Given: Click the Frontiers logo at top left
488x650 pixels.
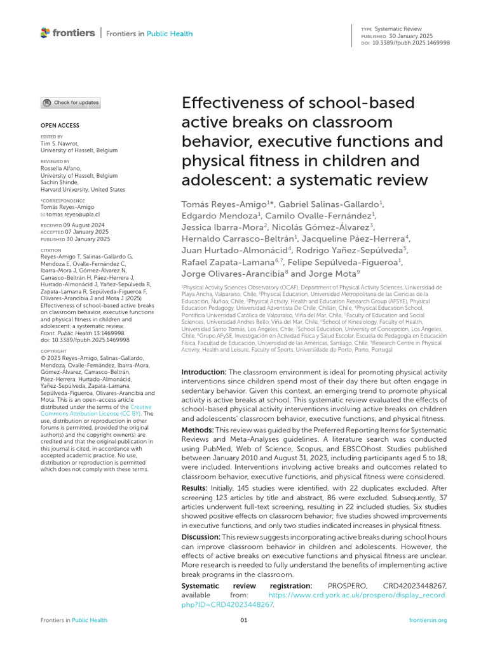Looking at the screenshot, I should click(x=67, y=33).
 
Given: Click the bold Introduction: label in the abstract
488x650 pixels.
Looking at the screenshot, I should click(x=204, y=371).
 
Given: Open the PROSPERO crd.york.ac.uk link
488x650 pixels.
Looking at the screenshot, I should click(x=358, y=595).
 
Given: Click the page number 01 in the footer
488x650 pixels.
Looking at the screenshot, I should click(x=243, y=620).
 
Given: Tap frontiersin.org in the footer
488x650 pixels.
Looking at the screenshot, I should click(x=428, y=620).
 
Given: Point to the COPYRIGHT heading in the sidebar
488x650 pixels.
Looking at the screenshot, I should click(x=53, y=351).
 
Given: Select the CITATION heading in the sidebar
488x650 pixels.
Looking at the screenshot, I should click(x=51, y=250).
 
